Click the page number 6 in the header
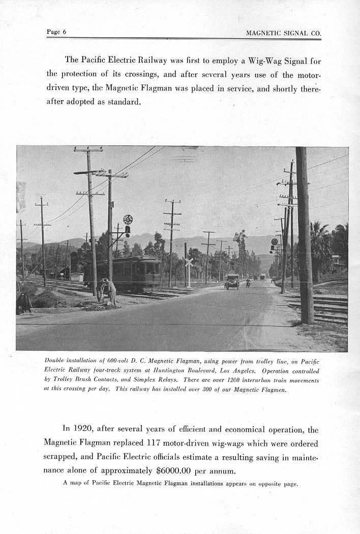[x=64, y=32]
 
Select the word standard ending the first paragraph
[x=123, y=102]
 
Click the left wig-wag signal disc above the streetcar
[x=128, y=220]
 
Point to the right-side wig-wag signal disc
[x=275, y=242]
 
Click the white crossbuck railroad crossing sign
[x=189, y=262]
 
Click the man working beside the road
[x=108, y=291]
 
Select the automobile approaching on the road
[x=232, y=281]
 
